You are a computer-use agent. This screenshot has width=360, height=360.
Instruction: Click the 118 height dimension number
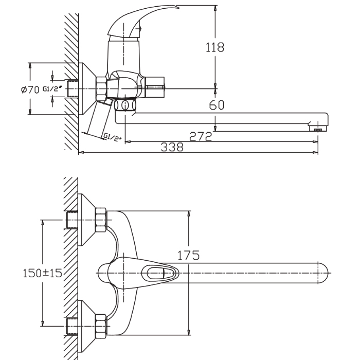point(214,47)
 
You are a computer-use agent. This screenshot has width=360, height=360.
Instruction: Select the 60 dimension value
point(217,105)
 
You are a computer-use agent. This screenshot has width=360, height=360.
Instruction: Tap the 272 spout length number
point(201,136)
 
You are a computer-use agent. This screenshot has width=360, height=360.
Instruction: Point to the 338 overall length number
point(172,147)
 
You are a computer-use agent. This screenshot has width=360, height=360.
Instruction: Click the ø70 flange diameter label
point(30,89)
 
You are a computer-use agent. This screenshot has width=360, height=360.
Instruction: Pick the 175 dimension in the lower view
point(189,255)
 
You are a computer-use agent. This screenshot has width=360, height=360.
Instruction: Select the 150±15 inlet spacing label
point(43,273)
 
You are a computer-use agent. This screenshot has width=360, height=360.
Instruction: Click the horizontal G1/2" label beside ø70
point(52,88)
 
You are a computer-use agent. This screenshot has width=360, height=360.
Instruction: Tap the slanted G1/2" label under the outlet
point(112,137)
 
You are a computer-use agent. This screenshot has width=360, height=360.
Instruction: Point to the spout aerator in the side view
point(318,128)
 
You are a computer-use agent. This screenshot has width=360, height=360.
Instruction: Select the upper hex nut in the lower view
point(101,220)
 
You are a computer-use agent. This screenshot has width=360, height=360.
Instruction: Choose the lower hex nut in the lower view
point(101,326)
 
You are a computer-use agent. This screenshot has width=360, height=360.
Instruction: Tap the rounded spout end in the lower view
point(323,273)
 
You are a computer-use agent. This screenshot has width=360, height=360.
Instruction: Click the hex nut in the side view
point(101,88)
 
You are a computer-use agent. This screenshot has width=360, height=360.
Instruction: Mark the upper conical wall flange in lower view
point(86,220)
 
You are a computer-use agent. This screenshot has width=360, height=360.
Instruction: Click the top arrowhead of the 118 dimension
point(215,8)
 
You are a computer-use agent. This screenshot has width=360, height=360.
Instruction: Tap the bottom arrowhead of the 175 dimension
point(189,332)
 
